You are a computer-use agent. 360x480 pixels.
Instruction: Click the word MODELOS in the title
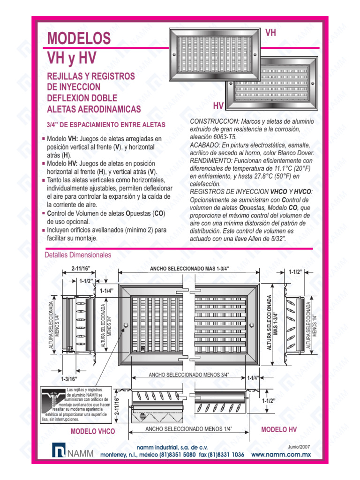(79, 38)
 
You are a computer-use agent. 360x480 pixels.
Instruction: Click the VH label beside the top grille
(270, 33)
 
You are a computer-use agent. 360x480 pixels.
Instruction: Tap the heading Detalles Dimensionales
(78, 255)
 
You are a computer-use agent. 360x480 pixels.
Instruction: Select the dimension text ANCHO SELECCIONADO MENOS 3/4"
(188, 375)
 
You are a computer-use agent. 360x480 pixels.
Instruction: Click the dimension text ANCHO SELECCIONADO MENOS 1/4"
(188, 429)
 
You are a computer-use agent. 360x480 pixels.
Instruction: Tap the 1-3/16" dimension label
(68, 378)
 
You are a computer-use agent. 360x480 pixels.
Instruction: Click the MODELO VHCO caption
(92, 431)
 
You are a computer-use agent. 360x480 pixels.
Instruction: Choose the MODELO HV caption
(279, 429)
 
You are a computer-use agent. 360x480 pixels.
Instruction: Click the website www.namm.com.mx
(281, 455)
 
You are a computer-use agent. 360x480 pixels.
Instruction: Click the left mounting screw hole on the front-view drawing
(126, 325)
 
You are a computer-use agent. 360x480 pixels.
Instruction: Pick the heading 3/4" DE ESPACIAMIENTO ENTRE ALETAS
(105, 125)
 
